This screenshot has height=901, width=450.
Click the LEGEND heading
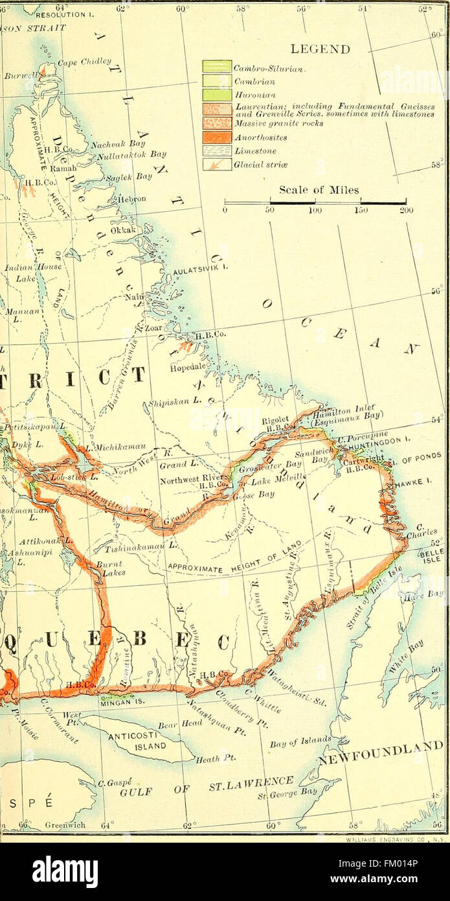tap(320, 49)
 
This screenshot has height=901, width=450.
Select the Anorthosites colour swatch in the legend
tap(217, 137)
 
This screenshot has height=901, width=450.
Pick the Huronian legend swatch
tap(217, 95)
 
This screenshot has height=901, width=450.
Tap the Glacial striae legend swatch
tap(217, 165)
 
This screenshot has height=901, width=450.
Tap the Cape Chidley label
tap(82, 63)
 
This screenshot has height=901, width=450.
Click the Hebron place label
tap(131, 198)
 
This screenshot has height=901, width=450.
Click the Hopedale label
tap(187, 366)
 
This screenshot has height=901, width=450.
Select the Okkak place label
tap(124, 230)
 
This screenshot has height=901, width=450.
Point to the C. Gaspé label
tap(111, 783)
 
